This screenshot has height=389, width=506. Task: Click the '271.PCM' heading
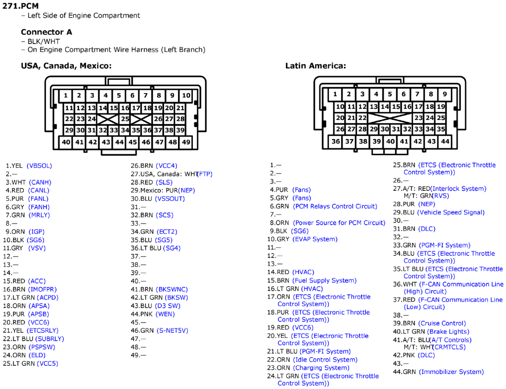pos(21,6)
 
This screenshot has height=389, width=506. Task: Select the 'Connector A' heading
pos(47,32)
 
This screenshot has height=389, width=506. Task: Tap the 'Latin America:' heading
pos(316,66)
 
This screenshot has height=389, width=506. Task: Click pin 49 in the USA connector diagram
pos(186,142)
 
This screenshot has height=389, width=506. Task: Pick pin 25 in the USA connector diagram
pos(125,119)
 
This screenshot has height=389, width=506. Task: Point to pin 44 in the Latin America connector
pos(445,141)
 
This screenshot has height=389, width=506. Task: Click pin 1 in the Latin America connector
pos(335,94)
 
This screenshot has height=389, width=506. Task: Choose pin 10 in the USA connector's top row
pos(186,96)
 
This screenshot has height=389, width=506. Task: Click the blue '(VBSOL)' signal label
pos(39,166)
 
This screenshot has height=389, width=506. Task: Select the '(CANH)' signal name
pos(40,182)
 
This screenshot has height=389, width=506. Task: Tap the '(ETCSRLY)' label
pos(43,331)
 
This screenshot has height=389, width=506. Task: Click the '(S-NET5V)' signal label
pos(173,331)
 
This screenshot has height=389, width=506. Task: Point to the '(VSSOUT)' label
pos(170,199)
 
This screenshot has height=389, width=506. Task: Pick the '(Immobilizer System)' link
pos(451,372)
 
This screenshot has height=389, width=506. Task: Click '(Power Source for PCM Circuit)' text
pos(339,223)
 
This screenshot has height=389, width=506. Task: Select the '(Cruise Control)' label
pos(442,323)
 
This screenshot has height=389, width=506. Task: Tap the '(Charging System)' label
pos(321,368)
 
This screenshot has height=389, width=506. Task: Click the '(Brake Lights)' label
pos(448,331)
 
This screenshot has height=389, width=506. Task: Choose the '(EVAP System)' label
pos(315,239)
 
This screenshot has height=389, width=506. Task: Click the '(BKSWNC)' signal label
pos(172,289)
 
